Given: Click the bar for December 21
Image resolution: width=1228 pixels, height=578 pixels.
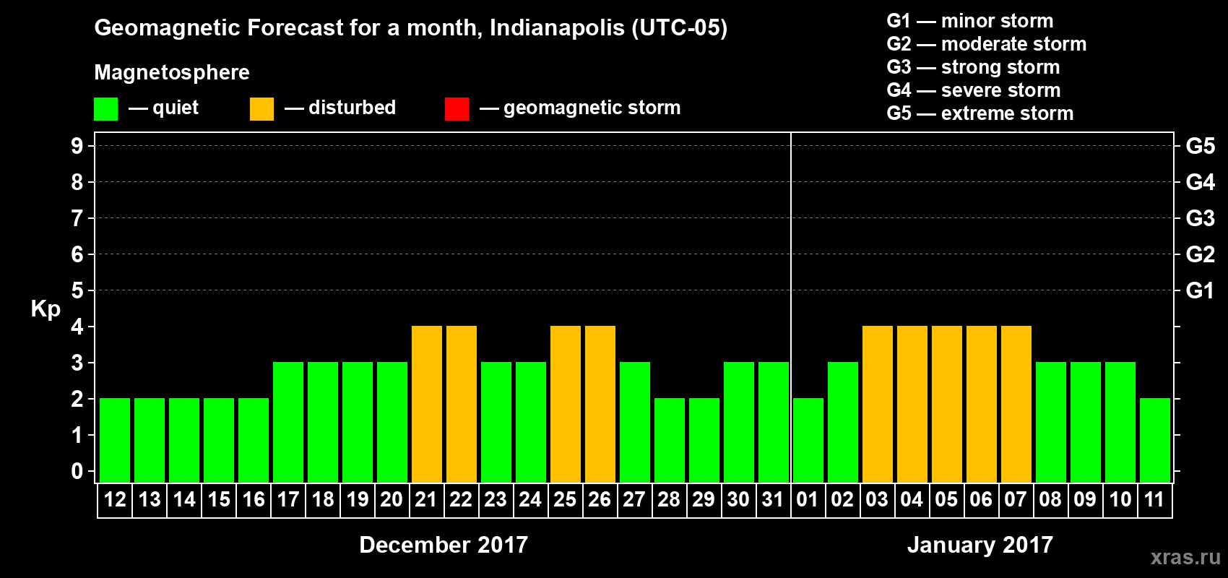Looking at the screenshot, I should [x=427, y=404].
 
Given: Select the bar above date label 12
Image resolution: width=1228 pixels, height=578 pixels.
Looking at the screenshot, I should [x=115, y=440].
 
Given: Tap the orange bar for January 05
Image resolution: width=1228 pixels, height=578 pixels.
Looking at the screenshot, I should [x=947, y=404].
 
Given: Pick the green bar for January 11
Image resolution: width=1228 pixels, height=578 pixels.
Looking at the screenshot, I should [x=1155, y=440].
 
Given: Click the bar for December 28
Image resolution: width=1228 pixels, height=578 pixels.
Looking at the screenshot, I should [x=670, y=440].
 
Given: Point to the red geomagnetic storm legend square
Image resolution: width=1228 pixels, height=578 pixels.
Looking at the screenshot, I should [x=457, y=109].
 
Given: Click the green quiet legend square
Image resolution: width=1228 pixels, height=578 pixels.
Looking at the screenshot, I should [x=105, y=109].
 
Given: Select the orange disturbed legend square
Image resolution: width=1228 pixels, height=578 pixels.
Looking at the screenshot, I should [x=261, y=109].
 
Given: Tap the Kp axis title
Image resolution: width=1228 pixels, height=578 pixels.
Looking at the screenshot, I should [x=45, y=309].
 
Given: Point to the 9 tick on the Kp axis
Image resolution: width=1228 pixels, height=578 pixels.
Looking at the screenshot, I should [x=77, y=146].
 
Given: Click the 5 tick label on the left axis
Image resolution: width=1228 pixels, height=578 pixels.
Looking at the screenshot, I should [x=77, y=290].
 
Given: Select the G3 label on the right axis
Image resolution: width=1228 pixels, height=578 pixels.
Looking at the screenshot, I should [x=1200, y=218].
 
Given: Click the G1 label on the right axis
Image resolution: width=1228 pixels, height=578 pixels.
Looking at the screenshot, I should [x=1200, y=290].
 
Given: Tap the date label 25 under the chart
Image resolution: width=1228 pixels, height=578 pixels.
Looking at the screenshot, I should [x=565, y=499].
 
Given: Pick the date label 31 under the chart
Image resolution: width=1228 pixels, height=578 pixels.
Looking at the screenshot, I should [x=773, y=499].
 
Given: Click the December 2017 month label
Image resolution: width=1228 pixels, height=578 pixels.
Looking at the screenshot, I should [x=444, y=545].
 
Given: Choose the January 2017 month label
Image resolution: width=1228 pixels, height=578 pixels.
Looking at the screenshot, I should [x=980, y=545].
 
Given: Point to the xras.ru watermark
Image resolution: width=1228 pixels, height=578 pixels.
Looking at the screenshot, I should [x=1185, y=557].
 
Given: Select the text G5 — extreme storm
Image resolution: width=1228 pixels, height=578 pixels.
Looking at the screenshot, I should [x=980, y=113].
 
